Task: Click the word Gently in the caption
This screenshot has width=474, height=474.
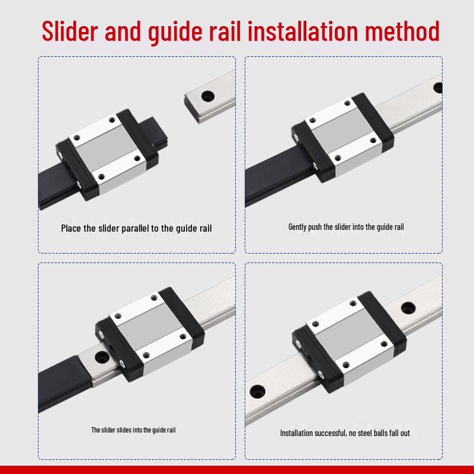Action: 298,227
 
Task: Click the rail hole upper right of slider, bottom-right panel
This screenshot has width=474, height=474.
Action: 408,308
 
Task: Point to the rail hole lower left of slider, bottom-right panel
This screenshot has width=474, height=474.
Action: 258,390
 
